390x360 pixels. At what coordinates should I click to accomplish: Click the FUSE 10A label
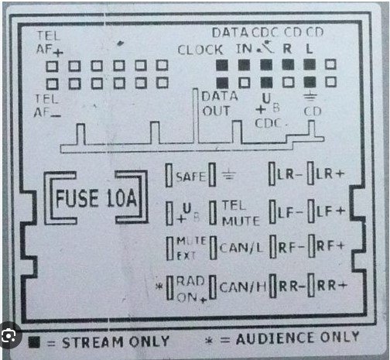[96, 198]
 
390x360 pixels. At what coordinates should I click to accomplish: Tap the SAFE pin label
[191, 177]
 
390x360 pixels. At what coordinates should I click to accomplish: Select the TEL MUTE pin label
[241, 213]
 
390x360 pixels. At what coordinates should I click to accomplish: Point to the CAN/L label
[241, 248]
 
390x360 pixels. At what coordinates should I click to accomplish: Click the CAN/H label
[243, 286]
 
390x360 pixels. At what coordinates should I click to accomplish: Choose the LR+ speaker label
[330, 173]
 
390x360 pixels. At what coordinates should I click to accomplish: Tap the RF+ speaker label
[330, 246]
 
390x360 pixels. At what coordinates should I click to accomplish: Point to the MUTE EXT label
[191, 248]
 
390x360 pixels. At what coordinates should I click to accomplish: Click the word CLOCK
[200, 50]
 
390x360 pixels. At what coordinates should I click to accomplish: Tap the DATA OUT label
[220, 104]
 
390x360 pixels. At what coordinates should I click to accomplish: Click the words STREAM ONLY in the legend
[116, 342]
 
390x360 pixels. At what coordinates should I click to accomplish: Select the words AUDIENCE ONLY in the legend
[298, 338]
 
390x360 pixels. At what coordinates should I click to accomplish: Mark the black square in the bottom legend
[34, 342]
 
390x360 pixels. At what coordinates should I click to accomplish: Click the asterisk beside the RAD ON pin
[159, 286]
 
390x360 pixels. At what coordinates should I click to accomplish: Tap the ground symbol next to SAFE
[229, 174]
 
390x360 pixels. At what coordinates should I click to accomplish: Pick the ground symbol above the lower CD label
[310, 97]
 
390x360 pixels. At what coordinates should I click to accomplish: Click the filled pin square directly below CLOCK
[222, 65]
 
